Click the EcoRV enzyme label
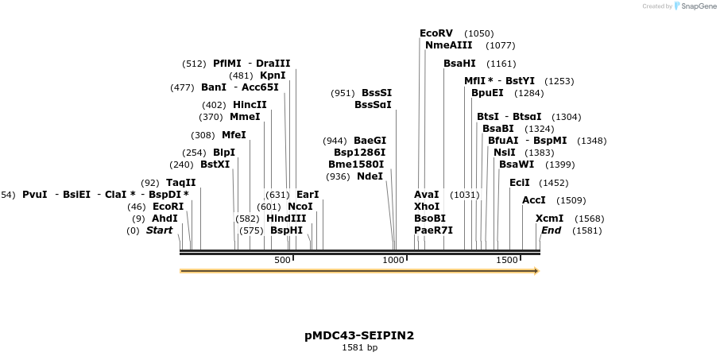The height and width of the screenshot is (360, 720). [x=436, y=33]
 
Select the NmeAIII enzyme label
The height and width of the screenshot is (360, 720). [x=448, y=45]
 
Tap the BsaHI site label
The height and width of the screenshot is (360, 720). [x=459, y=63]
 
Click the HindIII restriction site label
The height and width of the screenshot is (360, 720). [x=286, y=218]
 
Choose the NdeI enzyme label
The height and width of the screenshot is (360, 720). [x=370, y=176]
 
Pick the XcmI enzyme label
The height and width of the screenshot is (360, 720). [x=549, y=219]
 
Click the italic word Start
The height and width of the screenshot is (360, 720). [x=159, y=230]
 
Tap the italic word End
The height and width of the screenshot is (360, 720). [x=551, y=230]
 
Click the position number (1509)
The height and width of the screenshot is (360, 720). [x=571, y=200]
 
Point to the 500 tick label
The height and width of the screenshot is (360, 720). [x=282, y=261]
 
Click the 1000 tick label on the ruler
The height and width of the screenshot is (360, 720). [x=394, y=261]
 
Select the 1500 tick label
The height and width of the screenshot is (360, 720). [x=507, y=261]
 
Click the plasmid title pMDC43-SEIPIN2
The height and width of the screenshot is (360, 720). [x=359, y=335]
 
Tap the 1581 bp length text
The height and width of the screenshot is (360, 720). [x=359, y=347]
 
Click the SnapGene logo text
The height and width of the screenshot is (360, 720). [x=697, y=6]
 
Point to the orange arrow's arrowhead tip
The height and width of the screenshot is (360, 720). [x=538, y=271]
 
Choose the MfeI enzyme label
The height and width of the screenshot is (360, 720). [x=234, y=135]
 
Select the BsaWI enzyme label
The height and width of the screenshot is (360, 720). [x=517, y=165]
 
